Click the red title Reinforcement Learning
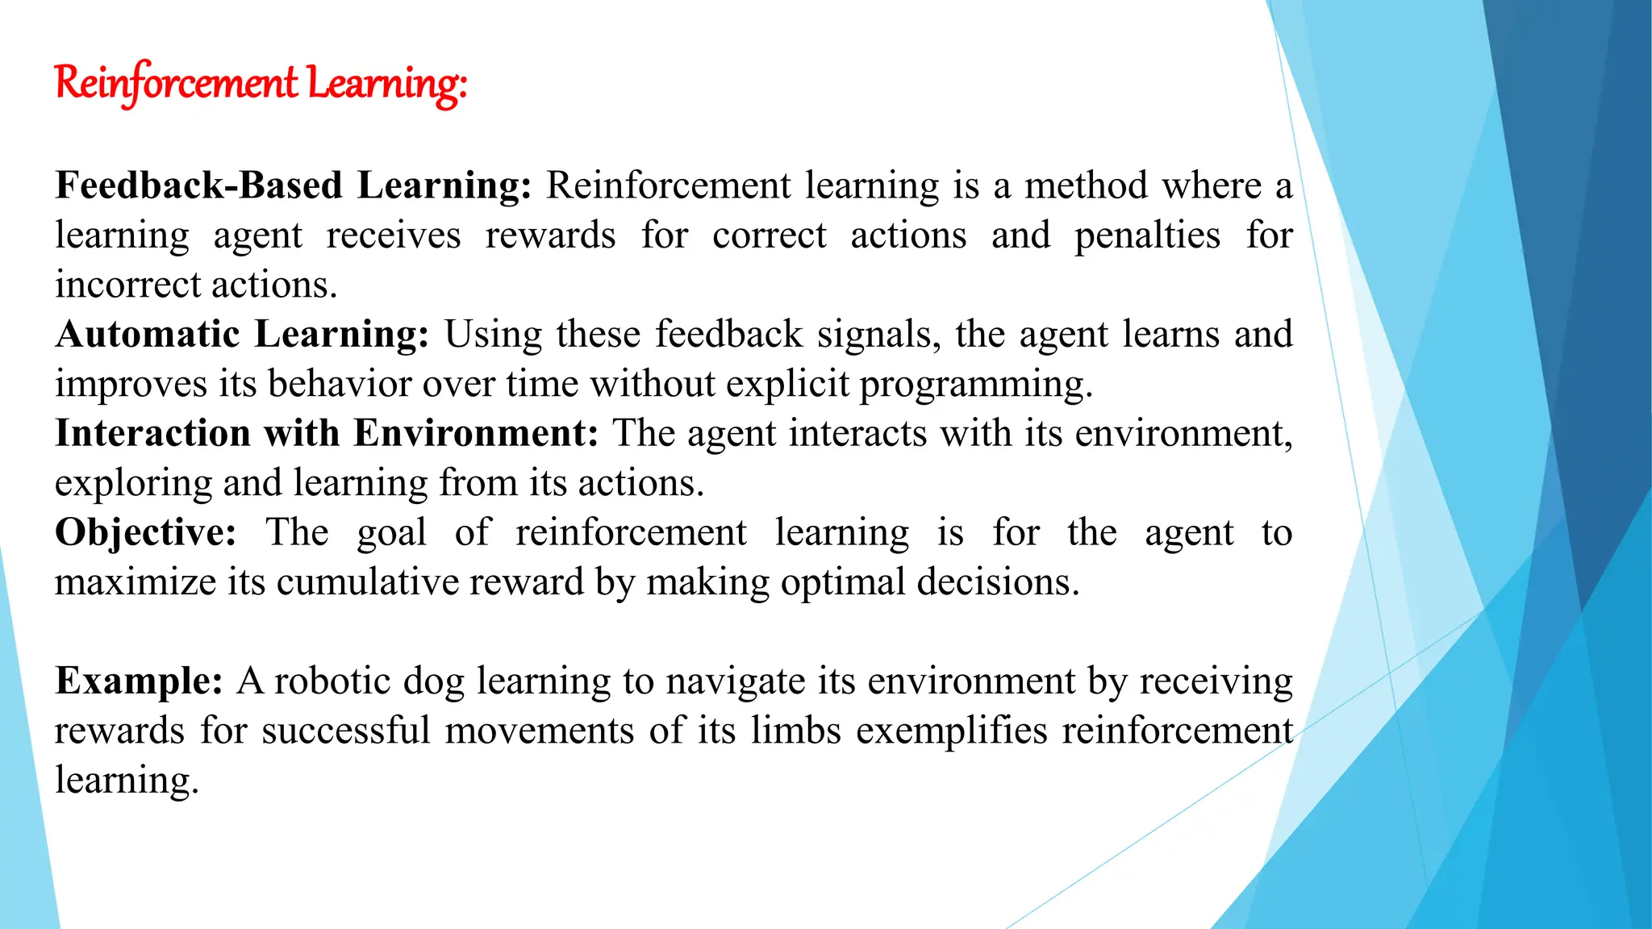click(261, 83)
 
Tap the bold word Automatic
click(148, 334)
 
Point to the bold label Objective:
click(145, 532)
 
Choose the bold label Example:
click(139, 681)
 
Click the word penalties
click(1147, 235)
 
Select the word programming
click(975, 385)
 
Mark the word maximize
click(136, 582)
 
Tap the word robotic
click(332, 681)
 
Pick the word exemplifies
click(952, 731)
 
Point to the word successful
click(346, 731)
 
